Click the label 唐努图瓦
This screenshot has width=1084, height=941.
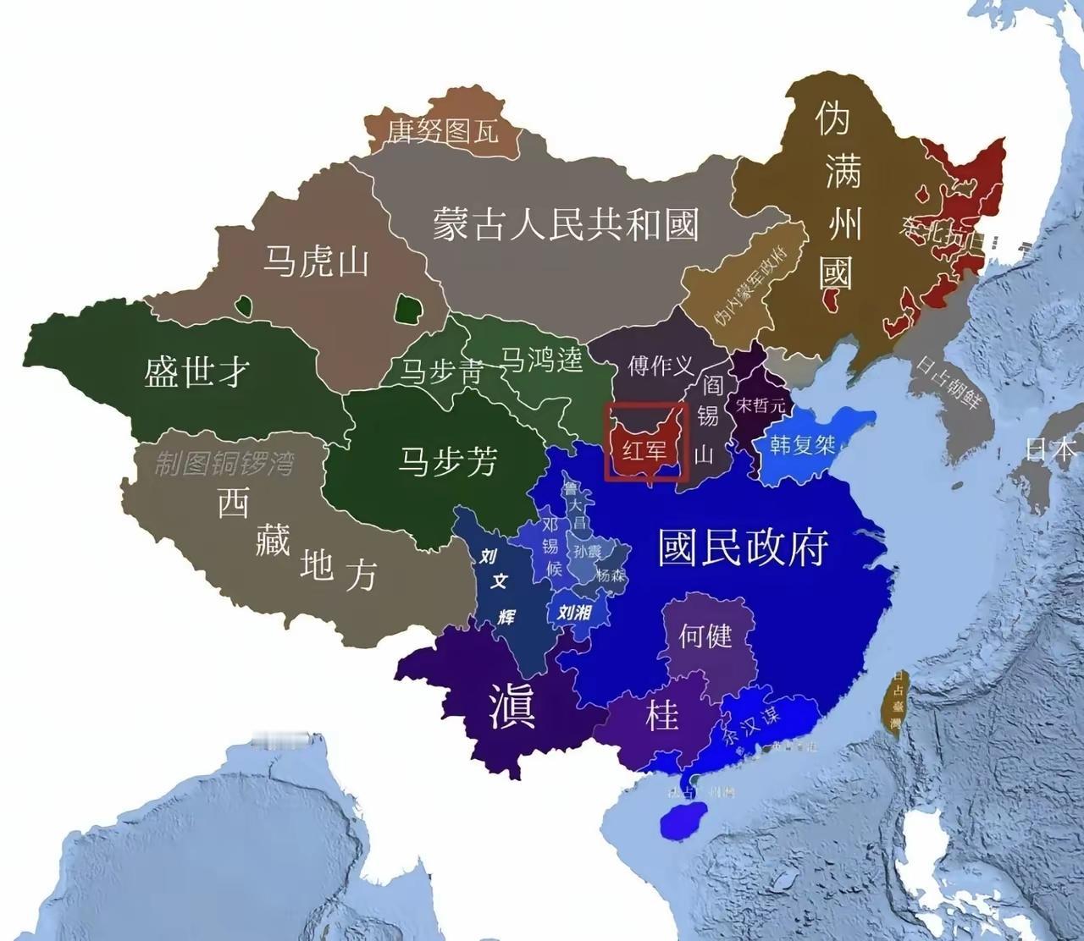tap(443, 130)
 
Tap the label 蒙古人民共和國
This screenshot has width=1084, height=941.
tap(566, 225)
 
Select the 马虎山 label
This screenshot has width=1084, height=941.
tap(315, 261)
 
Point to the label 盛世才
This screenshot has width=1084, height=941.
tap(196, 370)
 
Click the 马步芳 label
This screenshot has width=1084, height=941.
tap(448, 461)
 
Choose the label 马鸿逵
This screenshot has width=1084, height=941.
tap(542, 360)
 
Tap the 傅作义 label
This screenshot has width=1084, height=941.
tap(661, 366)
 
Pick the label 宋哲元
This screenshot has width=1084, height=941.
tap(760, 405)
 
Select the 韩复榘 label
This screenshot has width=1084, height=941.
tap(802, 444)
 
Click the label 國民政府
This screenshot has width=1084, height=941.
tap(743, 548)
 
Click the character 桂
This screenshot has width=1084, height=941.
tap(662, 716)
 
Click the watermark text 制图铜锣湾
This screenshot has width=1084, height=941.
tap(224, 463)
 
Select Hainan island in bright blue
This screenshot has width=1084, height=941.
tap(681, 822)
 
